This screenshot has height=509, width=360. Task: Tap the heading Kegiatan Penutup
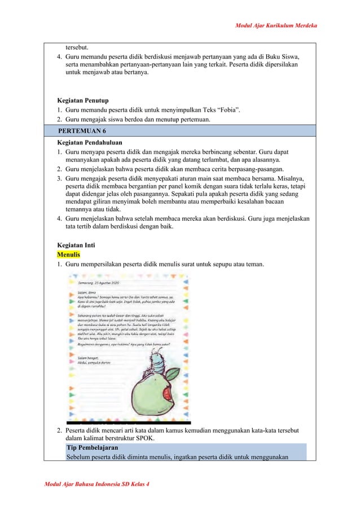tap(84, 100)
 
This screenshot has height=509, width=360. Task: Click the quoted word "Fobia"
tap(226, 109)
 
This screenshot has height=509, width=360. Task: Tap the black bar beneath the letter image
tap(129, 422)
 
